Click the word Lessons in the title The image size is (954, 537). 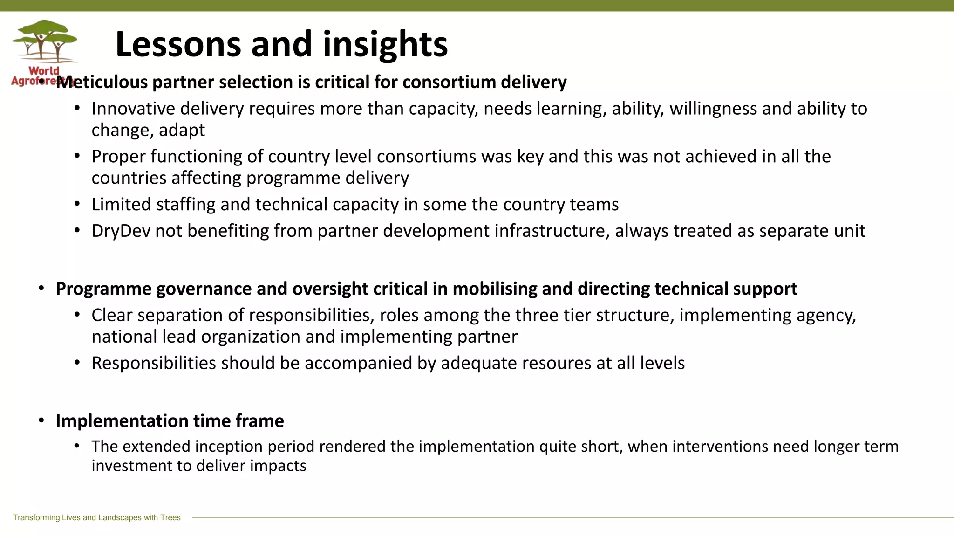(178, 44)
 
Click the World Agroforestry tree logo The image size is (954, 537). (45, 42)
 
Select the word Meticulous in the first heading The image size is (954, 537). (102, 83)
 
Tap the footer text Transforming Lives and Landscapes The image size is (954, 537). (96, 517)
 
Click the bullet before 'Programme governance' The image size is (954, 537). (41, 289)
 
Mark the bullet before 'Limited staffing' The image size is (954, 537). (77, 204)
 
